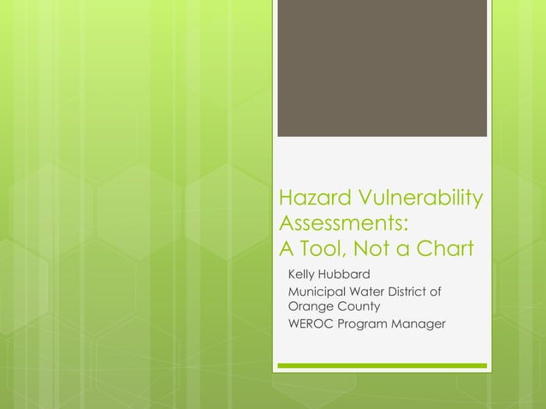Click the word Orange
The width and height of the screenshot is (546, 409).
(x=309, y=305)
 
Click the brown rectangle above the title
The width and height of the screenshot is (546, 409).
(x=382, y=68)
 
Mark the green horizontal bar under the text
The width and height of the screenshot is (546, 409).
(x=382, y=365)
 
